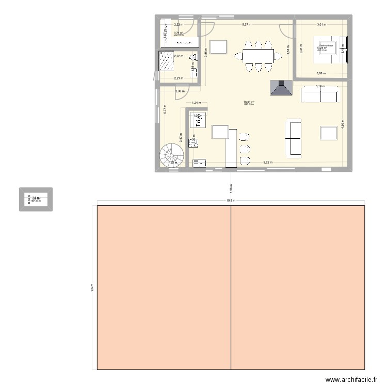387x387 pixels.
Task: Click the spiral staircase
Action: (170, 155)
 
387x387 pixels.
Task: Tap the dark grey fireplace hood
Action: (282, 89)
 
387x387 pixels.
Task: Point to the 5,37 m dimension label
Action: (246, 24)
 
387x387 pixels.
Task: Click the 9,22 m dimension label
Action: (268, 163)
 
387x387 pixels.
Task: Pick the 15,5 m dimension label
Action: (231, 201)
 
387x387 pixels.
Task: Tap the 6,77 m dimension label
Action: (165, 109)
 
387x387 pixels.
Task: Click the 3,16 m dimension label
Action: (320, 86)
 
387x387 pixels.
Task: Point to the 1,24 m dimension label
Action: (196, 103)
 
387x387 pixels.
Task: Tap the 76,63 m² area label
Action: (249, 102)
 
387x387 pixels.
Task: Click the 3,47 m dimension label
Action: (181, 138)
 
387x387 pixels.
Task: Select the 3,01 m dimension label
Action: (321, 24)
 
